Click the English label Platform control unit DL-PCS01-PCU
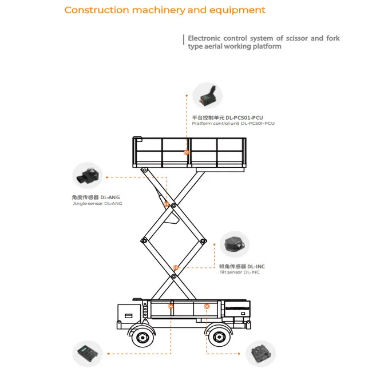point(233,123)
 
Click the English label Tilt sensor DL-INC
point(239,272)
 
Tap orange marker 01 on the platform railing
point(186,152)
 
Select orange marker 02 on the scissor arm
point(167,204)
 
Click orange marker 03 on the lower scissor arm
point(176,267)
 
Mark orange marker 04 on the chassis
point(171,307)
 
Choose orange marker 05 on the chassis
point(207,307)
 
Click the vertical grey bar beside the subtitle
point(184,42)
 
